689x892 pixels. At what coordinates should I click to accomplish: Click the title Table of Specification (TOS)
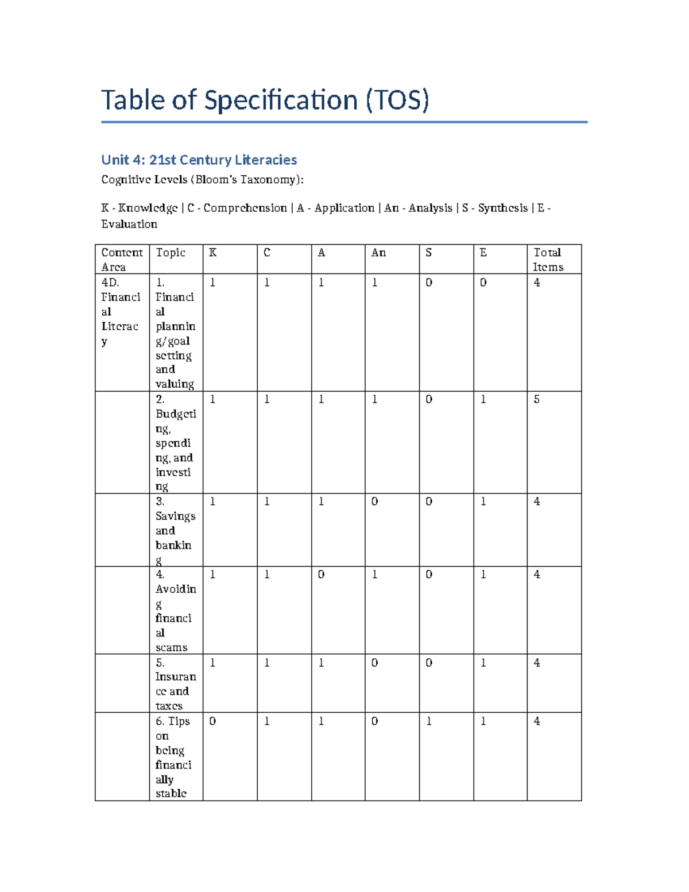point(265,101)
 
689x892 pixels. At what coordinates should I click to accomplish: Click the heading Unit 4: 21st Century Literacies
point(199,160)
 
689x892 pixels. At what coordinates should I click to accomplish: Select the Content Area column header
point(122,260)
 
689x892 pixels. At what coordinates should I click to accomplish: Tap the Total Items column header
point(548,260)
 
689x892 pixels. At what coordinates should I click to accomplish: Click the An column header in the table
point(378,253)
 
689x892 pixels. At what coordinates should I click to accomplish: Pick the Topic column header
point(171,253)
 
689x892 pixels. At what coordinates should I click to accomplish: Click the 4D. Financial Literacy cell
point(121,311)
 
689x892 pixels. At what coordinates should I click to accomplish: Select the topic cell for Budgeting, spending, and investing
point(175,443)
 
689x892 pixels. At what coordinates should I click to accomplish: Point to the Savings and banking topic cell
point(175,531)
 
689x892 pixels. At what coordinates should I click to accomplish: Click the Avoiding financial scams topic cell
point(175,611)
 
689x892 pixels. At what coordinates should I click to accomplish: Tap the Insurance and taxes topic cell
point(175,684)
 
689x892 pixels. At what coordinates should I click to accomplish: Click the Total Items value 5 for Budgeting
point(537,400)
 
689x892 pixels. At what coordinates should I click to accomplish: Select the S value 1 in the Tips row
point(429,721)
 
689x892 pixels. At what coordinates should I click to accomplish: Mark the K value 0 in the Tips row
point(212,721)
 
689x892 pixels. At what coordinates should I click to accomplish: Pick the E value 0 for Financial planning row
point(483,283)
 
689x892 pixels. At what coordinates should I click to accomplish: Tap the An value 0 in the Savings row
point(375,502)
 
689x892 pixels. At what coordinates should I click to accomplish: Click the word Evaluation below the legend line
point(129,224)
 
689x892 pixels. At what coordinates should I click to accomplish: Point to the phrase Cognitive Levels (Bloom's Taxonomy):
point(202,180)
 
